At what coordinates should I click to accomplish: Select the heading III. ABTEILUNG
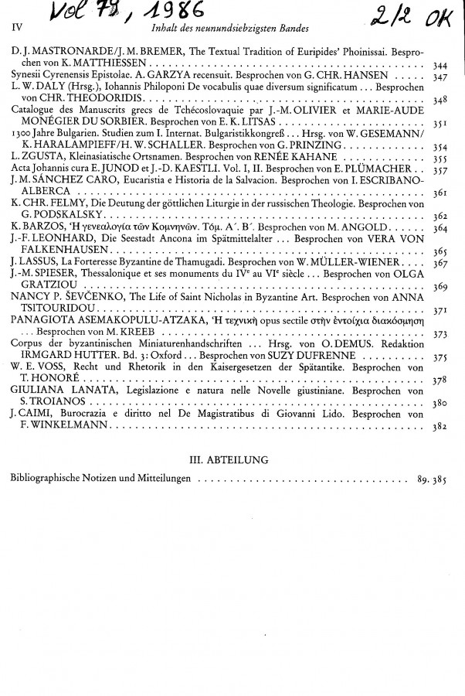coord(232,459)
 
